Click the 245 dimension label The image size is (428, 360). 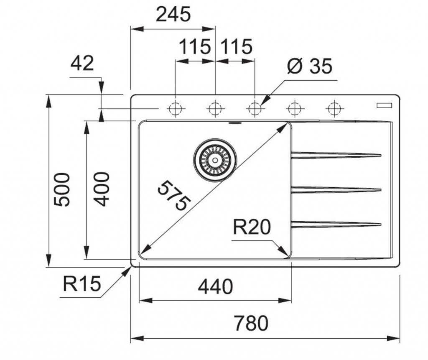(173, 15)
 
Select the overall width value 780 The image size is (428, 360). (250, 323)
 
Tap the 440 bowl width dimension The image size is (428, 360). (215, 287)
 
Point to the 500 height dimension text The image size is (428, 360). (62, 189)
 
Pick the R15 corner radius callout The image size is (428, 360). (82, 285)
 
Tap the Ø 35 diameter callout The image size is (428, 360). (309, 66)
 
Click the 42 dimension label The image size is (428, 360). (82, 64)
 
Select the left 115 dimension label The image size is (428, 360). (195, 47)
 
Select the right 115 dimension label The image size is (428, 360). (237, 47)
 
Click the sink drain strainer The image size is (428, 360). (215, 159)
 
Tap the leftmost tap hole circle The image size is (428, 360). (175, 109)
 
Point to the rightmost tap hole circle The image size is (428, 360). (334, 109)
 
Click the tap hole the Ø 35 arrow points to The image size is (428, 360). (254, 109)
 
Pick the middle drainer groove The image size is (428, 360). (336, 190)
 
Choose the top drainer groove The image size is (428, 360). (336, 155)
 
